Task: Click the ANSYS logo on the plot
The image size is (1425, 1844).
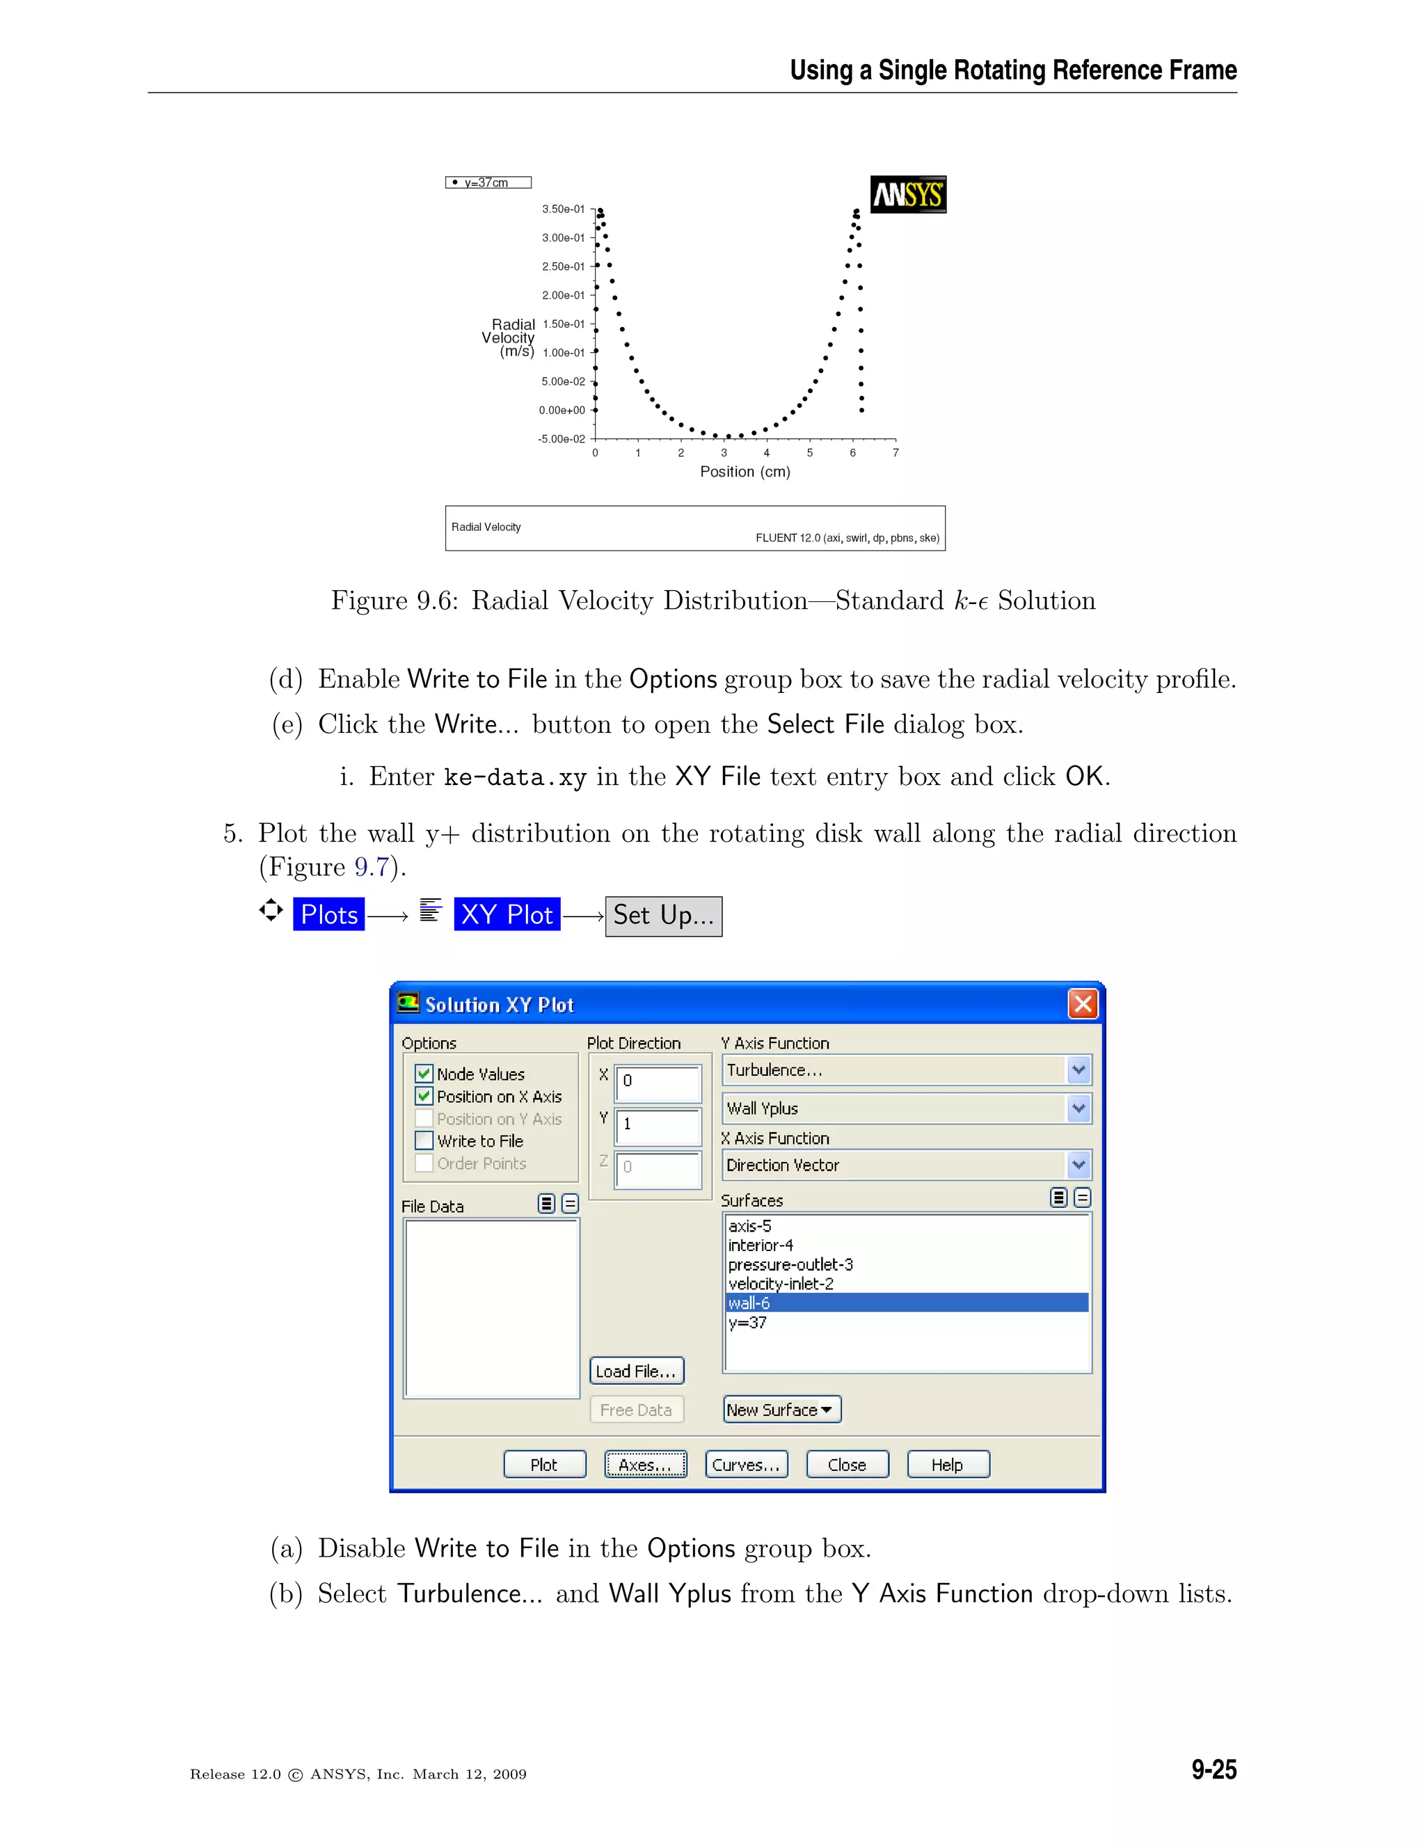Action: point(907,195)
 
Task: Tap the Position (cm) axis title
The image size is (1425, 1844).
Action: point(745,472)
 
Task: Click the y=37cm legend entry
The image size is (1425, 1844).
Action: point(487,182)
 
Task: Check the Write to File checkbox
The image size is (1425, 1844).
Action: point(424,1140)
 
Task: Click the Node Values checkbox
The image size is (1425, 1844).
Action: point(424,1074)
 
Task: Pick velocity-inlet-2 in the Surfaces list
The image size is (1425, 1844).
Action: point(781,1283)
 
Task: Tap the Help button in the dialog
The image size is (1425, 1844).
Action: point(947,1465)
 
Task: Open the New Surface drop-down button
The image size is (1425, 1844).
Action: point(781,1409)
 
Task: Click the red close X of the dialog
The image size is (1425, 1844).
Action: point(1082,1004)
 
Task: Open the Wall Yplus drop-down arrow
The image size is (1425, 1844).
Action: point(1078,1108)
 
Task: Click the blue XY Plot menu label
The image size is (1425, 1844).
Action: point(507,914)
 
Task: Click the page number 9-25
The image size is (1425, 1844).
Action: point(1213,1769)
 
